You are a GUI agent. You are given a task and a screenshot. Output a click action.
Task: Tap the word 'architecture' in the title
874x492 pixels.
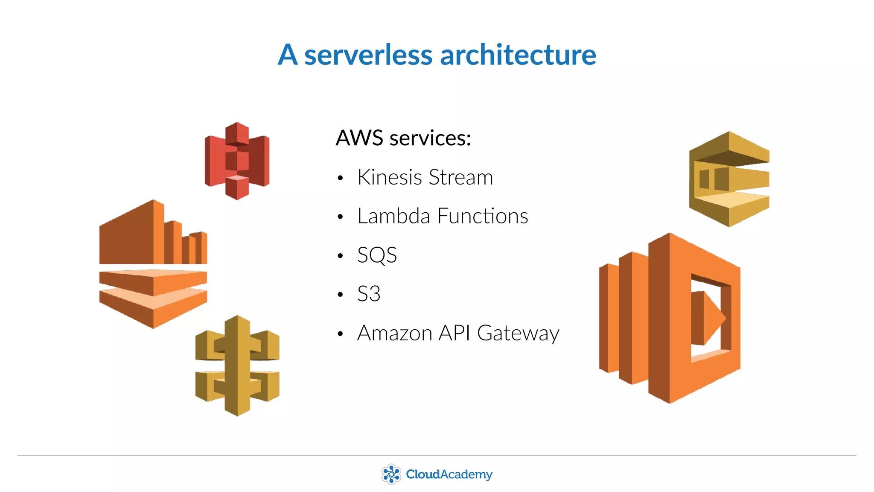518,55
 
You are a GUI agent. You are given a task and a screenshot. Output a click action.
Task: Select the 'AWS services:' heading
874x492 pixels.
403,138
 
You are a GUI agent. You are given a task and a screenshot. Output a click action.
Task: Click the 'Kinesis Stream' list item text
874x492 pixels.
425,177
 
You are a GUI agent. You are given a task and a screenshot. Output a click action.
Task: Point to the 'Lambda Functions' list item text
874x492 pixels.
443,216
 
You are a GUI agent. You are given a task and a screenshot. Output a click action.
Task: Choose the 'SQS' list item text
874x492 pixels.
377,255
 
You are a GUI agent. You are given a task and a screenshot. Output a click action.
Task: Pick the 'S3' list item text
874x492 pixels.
369,294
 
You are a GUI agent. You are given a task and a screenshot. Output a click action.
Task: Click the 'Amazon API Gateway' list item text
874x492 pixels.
458,333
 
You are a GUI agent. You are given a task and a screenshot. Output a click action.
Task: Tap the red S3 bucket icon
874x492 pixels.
237,161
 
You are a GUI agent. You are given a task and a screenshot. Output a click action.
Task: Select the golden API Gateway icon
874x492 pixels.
237,366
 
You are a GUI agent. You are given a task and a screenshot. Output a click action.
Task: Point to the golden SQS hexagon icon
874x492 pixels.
729,179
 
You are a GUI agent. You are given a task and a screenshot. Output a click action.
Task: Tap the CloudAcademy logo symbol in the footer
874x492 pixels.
391,474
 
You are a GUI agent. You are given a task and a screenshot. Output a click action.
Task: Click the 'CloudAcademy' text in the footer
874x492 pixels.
449,474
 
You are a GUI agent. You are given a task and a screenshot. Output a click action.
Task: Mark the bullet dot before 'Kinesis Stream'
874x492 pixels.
340,178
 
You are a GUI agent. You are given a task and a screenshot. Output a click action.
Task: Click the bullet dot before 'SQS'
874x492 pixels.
340,256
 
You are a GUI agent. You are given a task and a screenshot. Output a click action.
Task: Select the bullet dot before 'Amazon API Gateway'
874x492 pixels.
340,334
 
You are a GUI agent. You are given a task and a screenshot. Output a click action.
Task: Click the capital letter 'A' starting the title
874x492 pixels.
288,55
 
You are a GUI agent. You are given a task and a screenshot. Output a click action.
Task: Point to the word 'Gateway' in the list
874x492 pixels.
518,334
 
